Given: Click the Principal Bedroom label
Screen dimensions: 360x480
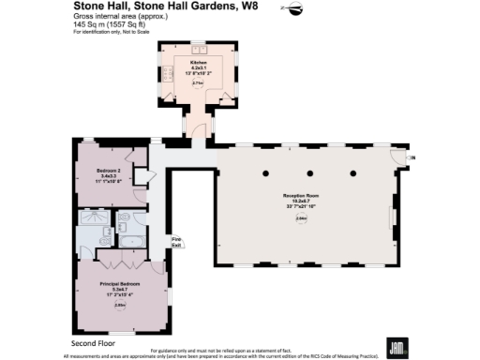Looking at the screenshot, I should coord(121,283).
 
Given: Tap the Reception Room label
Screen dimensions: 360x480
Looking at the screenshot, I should coord(301,194).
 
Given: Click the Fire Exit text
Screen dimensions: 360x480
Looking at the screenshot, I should coord(175,241).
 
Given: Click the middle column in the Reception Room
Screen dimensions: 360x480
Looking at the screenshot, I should coord(310,173).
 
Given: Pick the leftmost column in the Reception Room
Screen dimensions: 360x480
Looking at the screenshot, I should coord(265,173).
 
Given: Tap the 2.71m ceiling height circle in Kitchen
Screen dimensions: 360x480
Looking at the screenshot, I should coord(198,83).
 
